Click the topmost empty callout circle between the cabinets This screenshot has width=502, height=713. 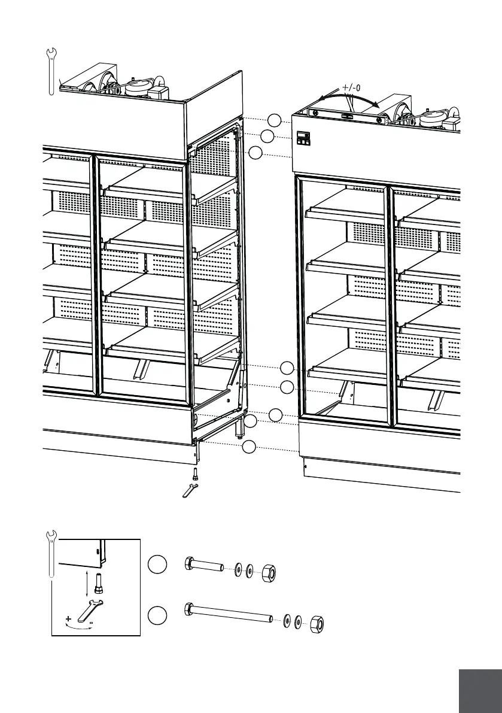pos(274,119)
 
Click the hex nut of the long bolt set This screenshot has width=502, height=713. pos(318,625)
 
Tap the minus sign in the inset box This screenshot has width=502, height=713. pos(91,623)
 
